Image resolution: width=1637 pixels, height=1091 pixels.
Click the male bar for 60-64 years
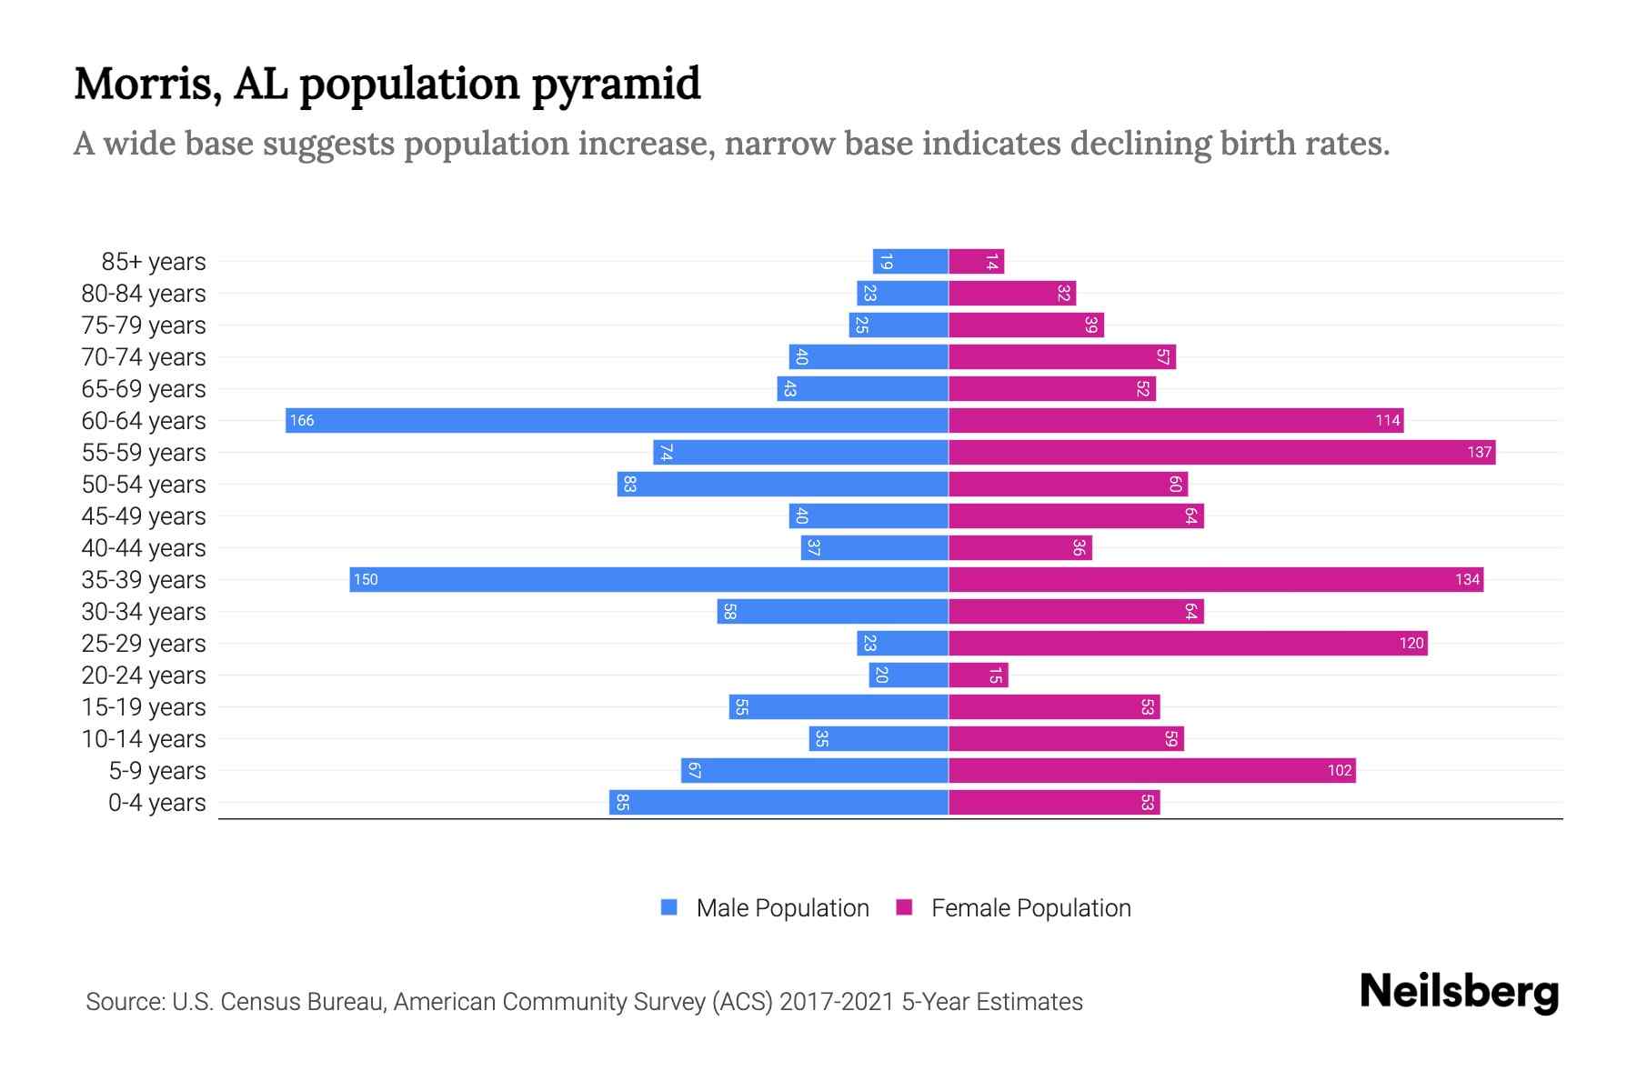pyautogui.click(x=617, y=420)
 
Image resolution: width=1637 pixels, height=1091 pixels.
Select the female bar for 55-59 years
pyautogui.click(x=1221, y=452)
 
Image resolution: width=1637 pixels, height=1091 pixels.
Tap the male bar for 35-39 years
pyautogui.click(x=648, y=579)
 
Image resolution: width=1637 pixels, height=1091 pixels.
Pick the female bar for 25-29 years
pyautogui.click(x=1188, y=643)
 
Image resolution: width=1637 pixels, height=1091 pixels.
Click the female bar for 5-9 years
pyautogui.click(x=1151, y=770)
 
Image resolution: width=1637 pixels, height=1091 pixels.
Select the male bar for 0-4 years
pyautogui.click(x=778, y=802)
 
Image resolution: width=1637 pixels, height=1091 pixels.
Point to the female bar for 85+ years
pyautogui.click(x=976, y=262)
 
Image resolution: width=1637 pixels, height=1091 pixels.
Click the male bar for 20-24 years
pyautogui.click(x=909, y=675)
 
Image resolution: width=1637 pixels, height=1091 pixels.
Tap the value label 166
pyautogui.click(x=302, y=420)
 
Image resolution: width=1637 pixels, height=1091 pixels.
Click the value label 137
pyautogui.click(x=1479, y=452)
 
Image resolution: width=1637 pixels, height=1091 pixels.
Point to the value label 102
pyautogui.click(x=1339, y=770)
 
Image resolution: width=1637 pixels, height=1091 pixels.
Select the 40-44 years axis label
pyautogui.click(x=144, y=548)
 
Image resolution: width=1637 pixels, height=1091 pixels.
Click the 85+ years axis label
pyautogui.click(x=154, y=262)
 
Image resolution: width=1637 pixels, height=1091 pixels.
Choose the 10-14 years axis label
pyautogui.click(x=144, y=739)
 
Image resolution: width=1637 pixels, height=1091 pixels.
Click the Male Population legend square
pyautogui.click(x=669, y=907)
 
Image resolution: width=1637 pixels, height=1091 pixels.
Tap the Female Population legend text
pyautogui.click(x=1030, y=908)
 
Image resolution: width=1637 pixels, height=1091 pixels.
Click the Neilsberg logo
pyautogui.click(x=1459, y=992)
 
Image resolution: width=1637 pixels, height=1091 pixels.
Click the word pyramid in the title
pyautogui.click(x=616, y=85)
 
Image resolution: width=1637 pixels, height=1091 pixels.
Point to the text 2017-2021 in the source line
pyautogui.click(x=837, y=1002)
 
